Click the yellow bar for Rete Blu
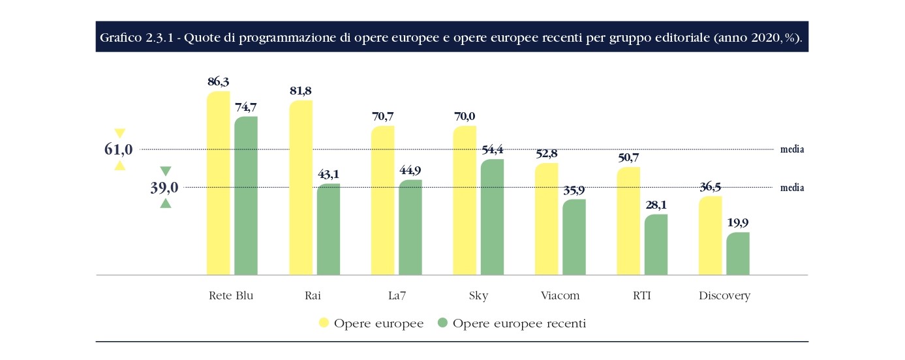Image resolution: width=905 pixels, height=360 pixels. pyautogui.click(x=218, y=183)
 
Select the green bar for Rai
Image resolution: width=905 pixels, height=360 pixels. pyautogui.click(x=328, y=229)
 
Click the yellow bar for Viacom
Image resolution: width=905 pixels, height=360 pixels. pyautogui.click(x=546, y=218)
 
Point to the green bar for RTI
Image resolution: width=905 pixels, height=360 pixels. pyautogui.click(x=656, y=245)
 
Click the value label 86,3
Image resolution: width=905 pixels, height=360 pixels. pyautogui.click(x=219, y=82)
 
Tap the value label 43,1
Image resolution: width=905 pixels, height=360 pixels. pyautogui.click(x=328, y=175)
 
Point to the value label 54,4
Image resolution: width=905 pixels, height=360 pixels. pyautogui.click(x=493, y=150)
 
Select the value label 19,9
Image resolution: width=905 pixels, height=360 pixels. pyautogui.click(x=738, y=224)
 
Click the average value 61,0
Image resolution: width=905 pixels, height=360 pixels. pyautogui.click(x=119, y=149)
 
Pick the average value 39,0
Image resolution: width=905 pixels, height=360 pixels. pyautogui.click(x=164, y=188)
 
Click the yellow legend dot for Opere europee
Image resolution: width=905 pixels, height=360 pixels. pyautogui.click(x=323, y=323)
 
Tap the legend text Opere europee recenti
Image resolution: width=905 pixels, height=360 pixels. pyautogui.click(x=519, y=323)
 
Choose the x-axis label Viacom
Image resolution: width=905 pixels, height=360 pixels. pyautogui.click(x=560, y=295)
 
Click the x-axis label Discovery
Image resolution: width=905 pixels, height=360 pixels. pyautogui.click(x=724, y=295)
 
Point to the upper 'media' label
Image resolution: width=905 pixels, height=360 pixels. pyautogui.click(x=792, y=149)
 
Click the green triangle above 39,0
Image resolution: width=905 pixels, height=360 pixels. pyautogui.click(x=166, y=172)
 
